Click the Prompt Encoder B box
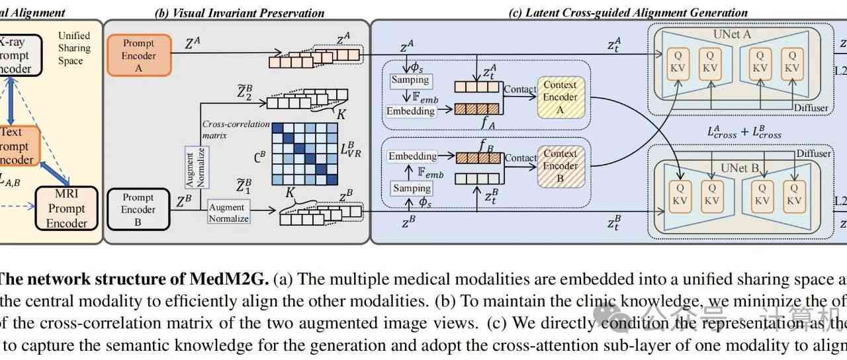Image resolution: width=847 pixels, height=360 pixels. click(138, 209)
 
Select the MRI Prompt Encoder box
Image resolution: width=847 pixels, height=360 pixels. click(66, 208)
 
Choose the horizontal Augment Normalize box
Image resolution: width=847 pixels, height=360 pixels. click(228, 212)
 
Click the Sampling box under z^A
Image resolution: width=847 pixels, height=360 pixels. click(410, 80)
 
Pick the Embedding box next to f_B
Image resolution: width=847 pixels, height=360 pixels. click(412, 156)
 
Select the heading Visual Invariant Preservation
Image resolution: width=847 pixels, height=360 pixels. click(240, 13)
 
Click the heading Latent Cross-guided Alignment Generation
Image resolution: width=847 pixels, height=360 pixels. click(628, 13)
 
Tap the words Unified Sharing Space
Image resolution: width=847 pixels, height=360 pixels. click(74, 48)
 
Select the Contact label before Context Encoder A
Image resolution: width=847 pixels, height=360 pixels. click(520, 89)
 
